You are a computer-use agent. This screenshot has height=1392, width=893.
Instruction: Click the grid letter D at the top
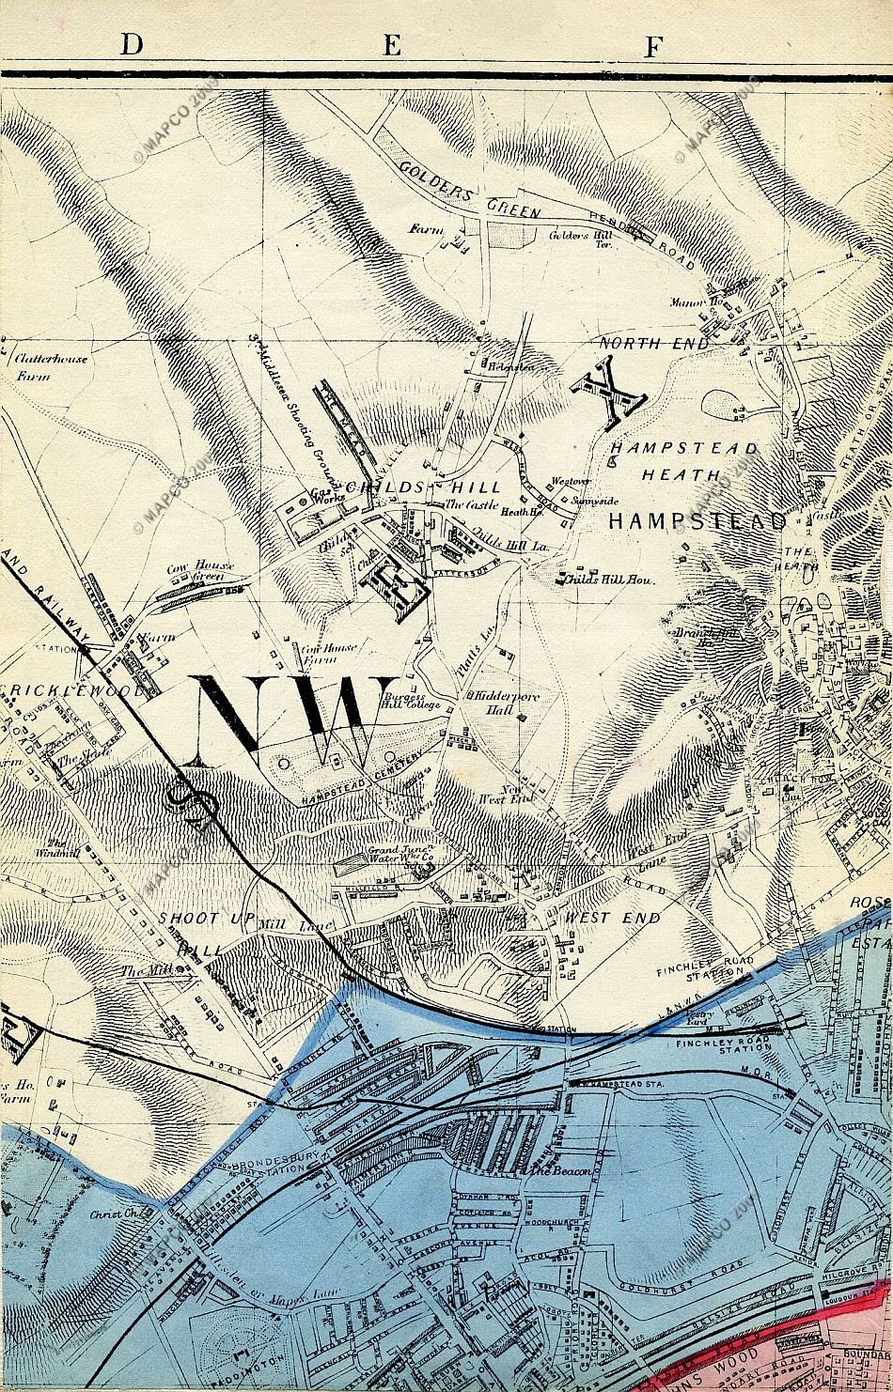(131, 44)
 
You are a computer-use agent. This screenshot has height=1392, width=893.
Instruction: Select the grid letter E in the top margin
(392, 44)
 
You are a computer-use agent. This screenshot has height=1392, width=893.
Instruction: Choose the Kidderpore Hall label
(501, 702)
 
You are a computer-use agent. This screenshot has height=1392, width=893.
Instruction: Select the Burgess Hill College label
(410, 700)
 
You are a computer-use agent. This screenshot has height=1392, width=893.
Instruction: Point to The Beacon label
(560, 1172)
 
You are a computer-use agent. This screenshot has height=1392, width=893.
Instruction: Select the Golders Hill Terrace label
(581, 240)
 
